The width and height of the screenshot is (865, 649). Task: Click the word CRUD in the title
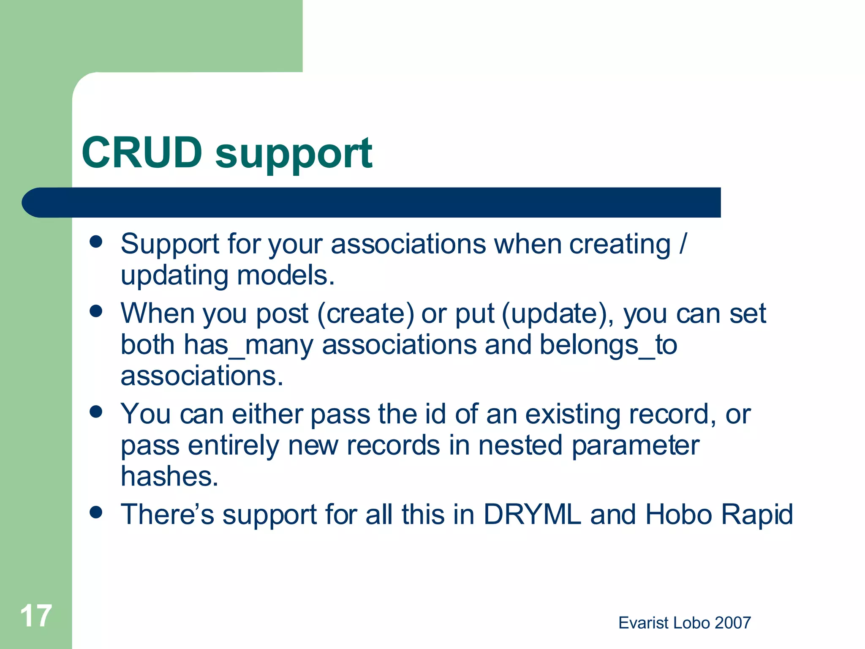[x=142, y=153]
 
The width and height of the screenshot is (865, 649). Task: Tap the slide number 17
[x=36, y=616]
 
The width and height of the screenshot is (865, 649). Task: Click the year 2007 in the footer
[x=733, y=623]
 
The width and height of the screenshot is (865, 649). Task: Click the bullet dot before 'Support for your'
[x=96, y=242]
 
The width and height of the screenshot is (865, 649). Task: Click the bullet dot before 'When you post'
[x=96, y=311]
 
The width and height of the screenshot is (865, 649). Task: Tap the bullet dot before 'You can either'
[x=96, y=412]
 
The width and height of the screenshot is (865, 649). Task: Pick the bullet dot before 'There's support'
[x=96, y=513]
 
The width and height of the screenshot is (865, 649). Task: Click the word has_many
[x=248, y=345]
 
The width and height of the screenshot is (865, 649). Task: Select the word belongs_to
[x=608, y=345]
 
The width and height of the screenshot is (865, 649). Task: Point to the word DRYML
[x=532, y=514]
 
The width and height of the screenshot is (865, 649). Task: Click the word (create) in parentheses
[x=366, y=314]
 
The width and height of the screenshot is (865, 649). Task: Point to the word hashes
[x=169, y=476]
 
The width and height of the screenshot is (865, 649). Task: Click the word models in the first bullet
[x=286, y=275]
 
